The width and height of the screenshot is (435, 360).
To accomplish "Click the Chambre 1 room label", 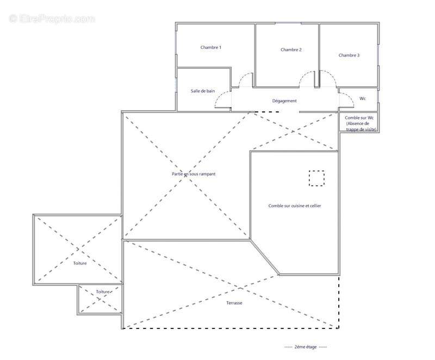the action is (211, 47).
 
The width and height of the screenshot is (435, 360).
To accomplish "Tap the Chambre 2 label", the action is (291, 49).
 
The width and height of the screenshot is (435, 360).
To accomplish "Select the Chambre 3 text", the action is (349, 55).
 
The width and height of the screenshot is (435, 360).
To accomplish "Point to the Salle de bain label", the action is (203, 91).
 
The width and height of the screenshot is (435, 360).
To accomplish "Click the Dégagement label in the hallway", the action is (284, 101).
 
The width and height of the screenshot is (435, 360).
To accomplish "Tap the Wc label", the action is (363, 98).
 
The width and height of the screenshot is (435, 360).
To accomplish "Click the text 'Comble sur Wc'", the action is (359, 118).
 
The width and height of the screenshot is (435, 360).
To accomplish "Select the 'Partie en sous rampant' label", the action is (194, 174).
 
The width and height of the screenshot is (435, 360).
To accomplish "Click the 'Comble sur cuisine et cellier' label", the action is (295, 206).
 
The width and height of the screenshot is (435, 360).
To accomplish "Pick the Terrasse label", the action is (234, 303).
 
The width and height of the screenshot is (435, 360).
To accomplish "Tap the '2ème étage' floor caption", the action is (306, 347).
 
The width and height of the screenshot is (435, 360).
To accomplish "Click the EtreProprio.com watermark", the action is (52, 19).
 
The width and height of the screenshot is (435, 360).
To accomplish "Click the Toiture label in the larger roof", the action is (80, 264).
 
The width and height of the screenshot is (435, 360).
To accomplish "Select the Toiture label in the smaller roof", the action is (103, 292).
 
